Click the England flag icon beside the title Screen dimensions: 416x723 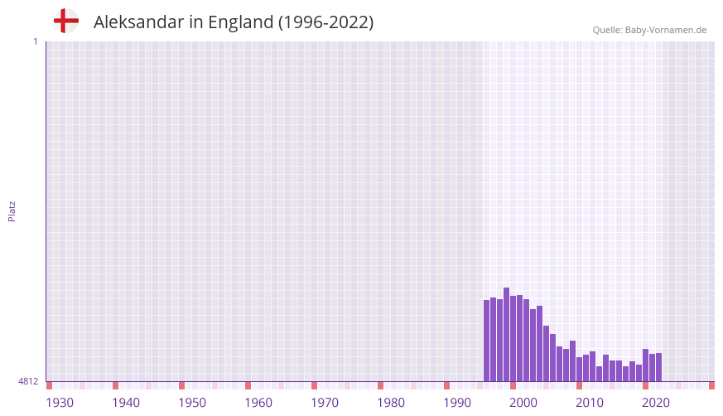(x=66, y=21)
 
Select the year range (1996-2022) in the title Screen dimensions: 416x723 (x=325, y=22)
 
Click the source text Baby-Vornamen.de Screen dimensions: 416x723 (x=665, y=30)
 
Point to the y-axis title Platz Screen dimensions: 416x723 (x=12, y=210)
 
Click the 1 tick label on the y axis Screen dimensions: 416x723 (x=35, y=41)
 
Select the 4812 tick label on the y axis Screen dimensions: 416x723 (x=27, y=381)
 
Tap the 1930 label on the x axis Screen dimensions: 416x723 (x=60, y=403)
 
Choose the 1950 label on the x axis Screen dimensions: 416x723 (x=192, y=403)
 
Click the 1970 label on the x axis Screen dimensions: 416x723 (x=325, y=403)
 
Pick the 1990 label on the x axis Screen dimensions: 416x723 (x=457, y=403)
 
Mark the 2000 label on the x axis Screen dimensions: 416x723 (x=523, y=403)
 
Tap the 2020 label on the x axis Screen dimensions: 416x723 (x=656, y=403)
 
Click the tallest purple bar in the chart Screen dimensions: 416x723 (x=507, y=335)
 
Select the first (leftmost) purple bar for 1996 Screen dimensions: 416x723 (x=487, y=341)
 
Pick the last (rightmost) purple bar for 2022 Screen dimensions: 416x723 (x=659, y=367)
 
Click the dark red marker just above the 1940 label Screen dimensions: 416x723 (x=116, y=385)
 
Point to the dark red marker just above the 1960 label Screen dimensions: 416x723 (x=248, y=385)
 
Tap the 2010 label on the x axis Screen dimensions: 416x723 (x=590, y=403)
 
